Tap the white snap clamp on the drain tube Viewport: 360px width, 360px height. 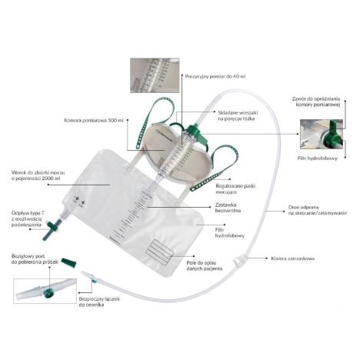pos(245,257)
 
